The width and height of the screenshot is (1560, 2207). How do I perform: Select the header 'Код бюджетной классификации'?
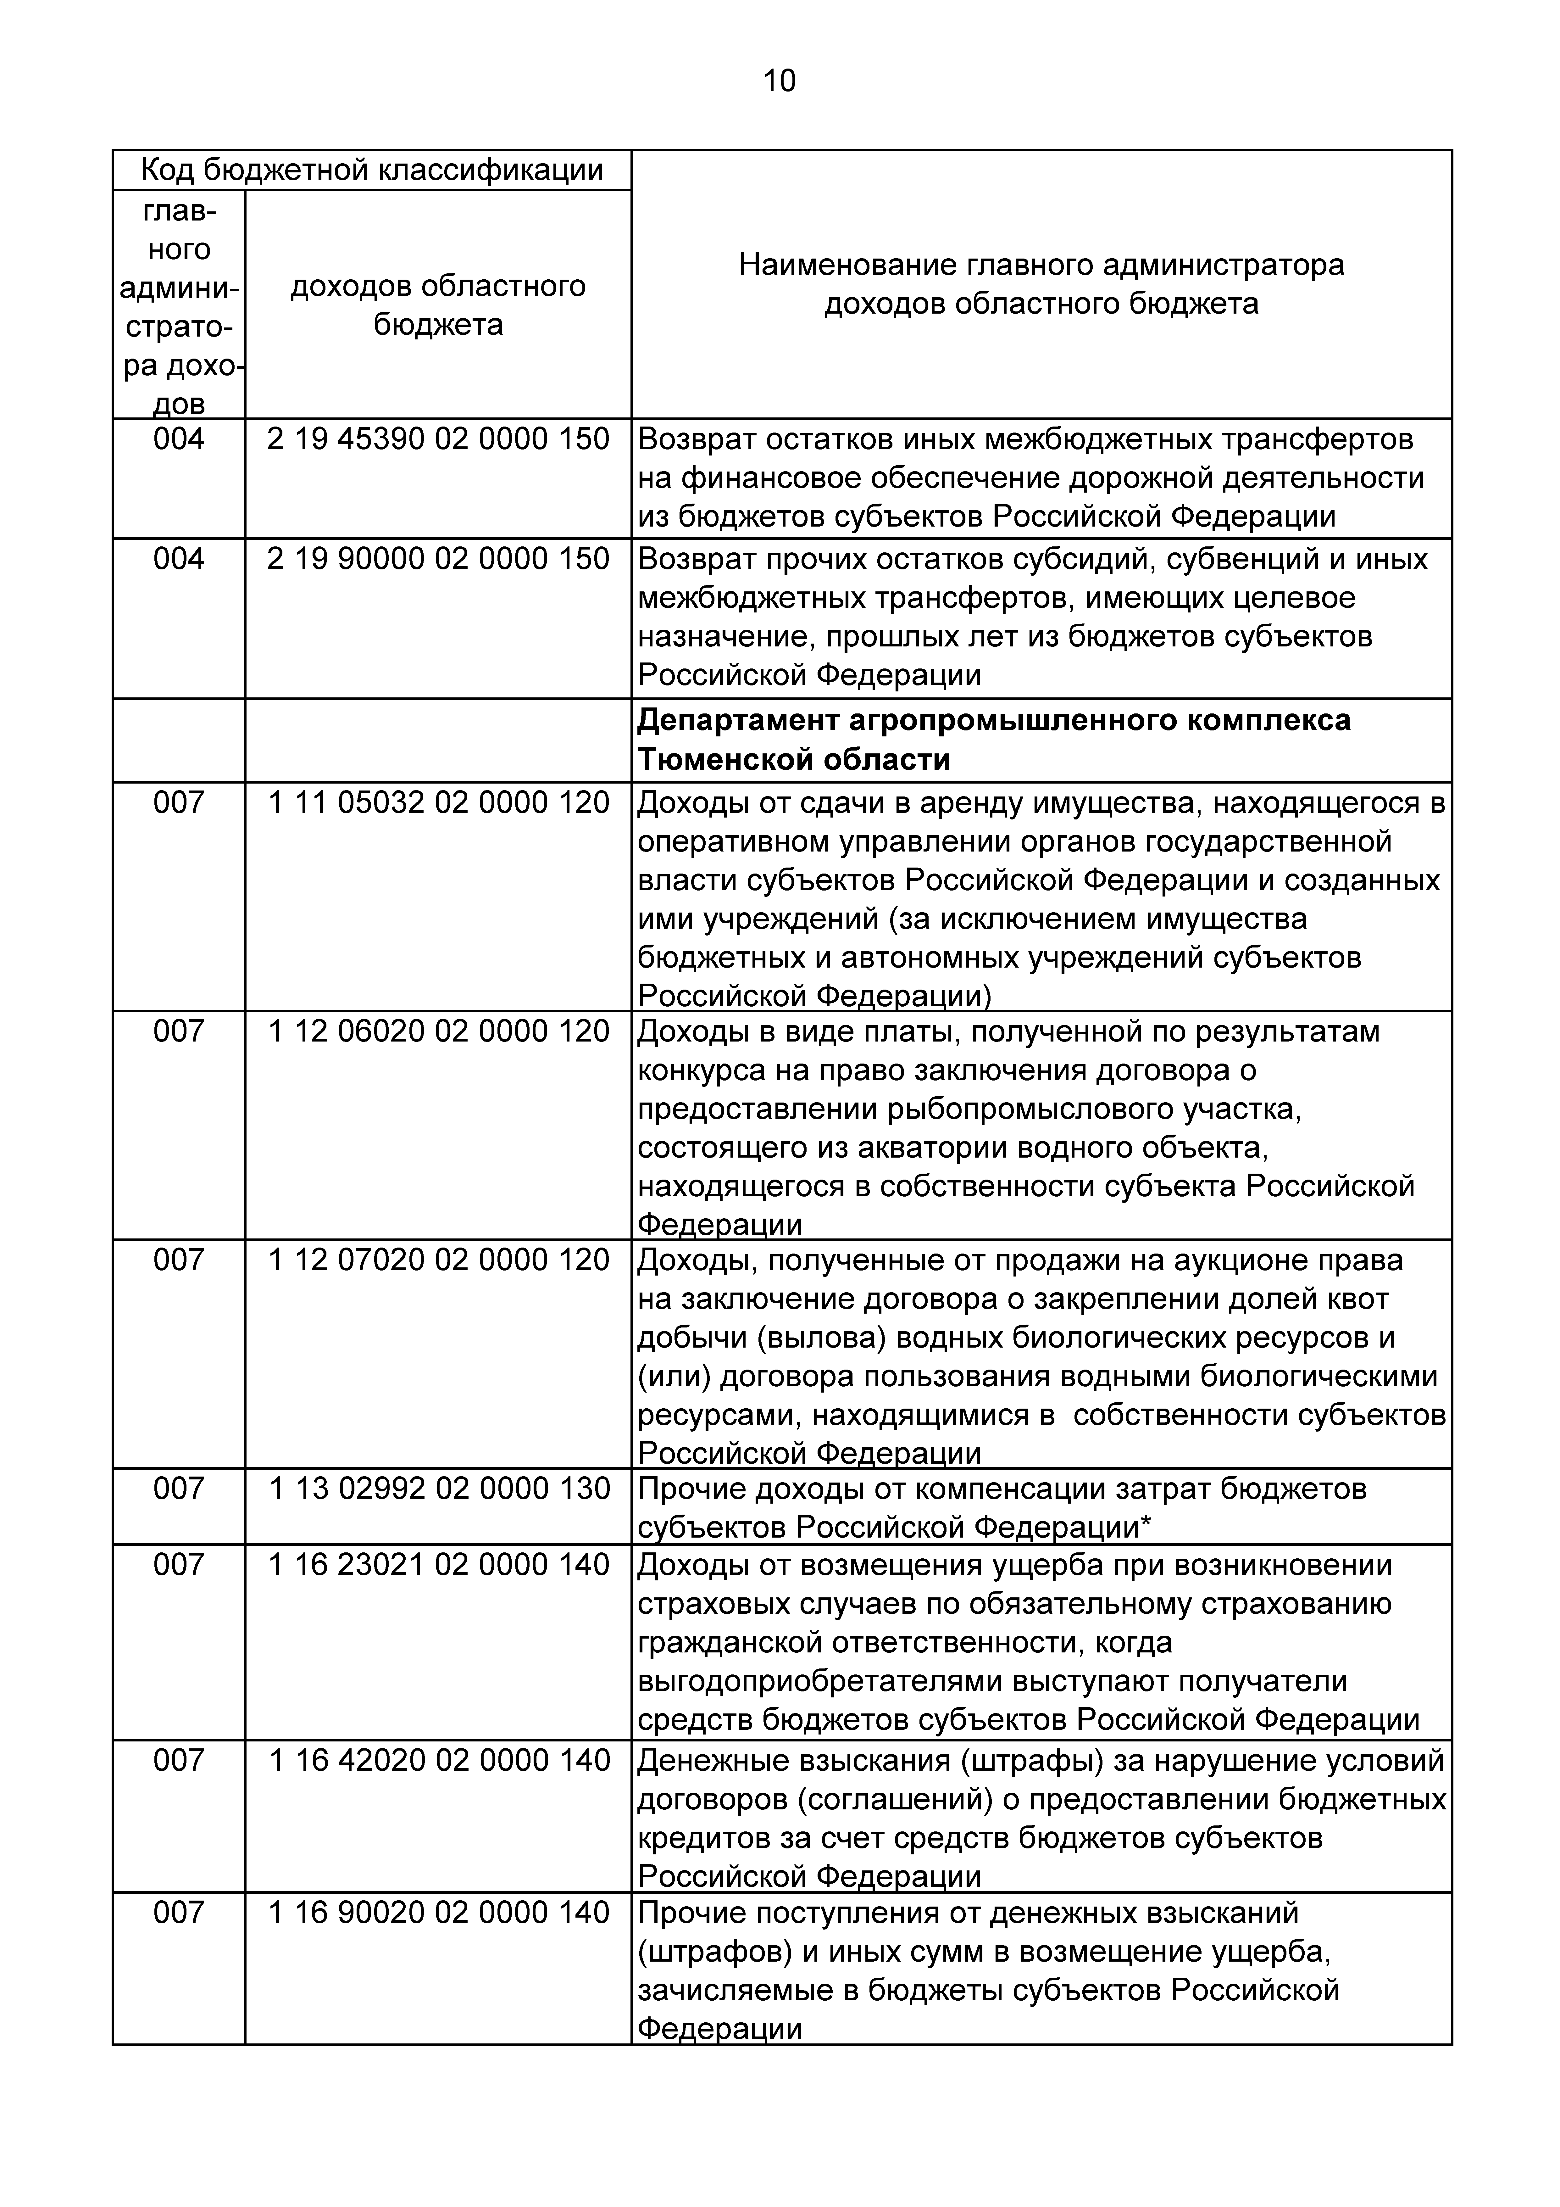372,170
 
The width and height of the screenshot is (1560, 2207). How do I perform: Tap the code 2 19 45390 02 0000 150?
438,439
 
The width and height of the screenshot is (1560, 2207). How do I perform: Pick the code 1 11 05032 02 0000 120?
438,803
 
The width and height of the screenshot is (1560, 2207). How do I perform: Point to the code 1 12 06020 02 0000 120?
438,1031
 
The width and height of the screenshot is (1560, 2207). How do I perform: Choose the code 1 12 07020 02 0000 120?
438,1260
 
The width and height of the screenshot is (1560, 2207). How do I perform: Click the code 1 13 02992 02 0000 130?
438,1489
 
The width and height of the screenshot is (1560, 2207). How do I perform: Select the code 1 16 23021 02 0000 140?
438,1565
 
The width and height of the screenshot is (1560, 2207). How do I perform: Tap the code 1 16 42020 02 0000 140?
438,1760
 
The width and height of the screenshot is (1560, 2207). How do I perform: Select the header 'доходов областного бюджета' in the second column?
438,305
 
